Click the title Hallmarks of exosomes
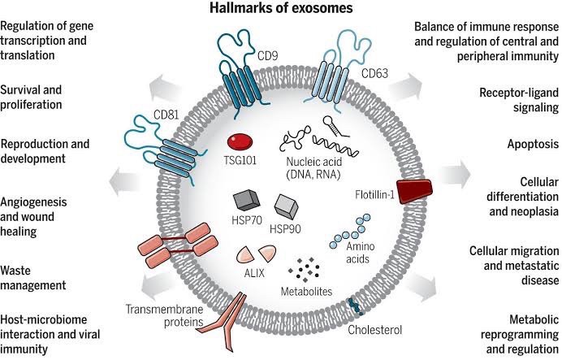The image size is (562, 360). [x=281, y=10]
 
